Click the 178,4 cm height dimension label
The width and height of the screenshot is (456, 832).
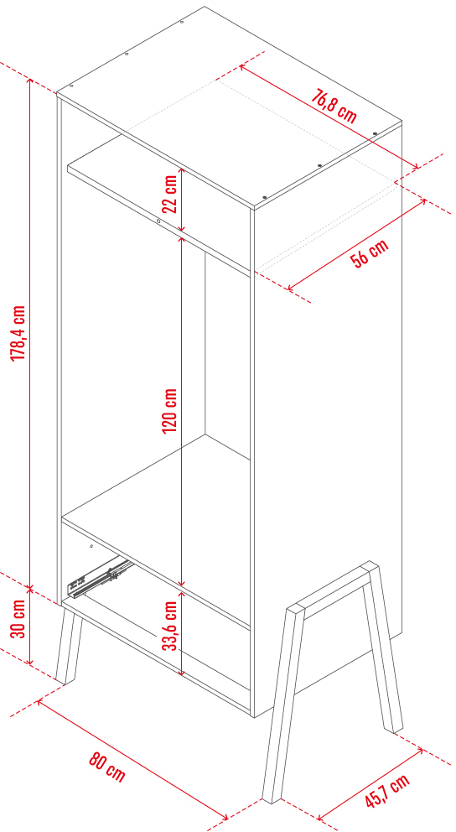coord(18,333)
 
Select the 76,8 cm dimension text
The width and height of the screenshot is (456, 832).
coord(334,107)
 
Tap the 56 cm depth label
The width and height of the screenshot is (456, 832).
coord(369,253)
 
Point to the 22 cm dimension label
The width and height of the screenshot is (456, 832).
coord(169,194)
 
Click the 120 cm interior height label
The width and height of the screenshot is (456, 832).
coord(169,410)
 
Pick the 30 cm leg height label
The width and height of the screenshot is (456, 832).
coord(18,619)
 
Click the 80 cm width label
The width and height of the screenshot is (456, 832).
coord(106,767)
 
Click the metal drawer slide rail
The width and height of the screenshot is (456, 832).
coord(99,577)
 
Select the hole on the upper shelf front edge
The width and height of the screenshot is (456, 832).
coord(158,221)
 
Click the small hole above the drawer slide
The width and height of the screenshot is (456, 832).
coord(91,545)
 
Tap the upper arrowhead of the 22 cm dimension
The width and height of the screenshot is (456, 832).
coord(182,171)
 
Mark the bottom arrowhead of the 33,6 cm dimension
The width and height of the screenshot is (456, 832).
coord(182,672)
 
